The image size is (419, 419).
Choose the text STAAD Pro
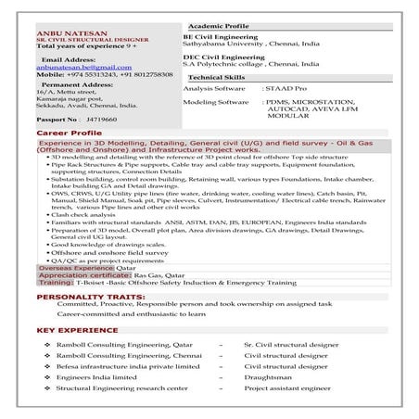click(289, 88)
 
